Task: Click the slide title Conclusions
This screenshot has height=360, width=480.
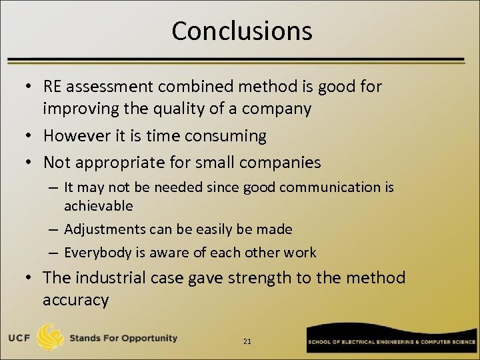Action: click(x=241, y=31)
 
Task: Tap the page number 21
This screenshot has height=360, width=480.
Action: click(x=247, y=341)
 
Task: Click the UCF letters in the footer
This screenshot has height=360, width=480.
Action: click(x=19, y=338)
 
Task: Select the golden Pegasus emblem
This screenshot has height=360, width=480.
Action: click(x=52, y=338)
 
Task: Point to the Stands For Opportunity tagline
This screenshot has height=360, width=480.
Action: click(x=124, y=338)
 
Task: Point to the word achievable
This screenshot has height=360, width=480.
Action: click(x=99, y=206)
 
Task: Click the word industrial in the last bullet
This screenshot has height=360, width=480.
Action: click(x=119, y=277)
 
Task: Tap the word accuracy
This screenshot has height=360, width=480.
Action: click(x=75, y=300)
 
